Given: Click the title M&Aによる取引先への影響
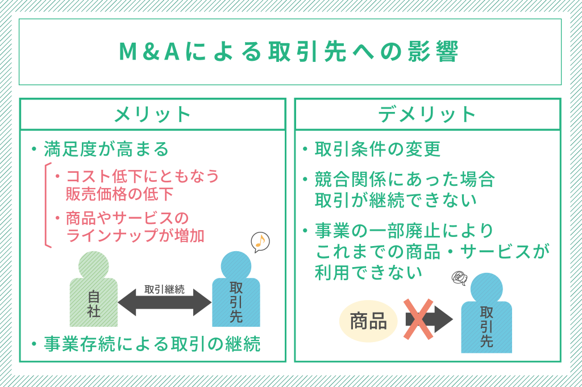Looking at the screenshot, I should [289, 52].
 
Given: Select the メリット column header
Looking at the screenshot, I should [152, 115].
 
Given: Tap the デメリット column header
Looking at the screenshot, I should [427, 115].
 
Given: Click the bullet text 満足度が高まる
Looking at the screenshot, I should [106, 149].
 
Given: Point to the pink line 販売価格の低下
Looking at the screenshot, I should [119, 194].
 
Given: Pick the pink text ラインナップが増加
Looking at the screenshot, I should [135, 235].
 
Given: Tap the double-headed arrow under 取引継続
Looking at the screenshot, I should [164, 302].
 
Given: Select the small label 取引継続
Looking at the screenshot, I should [164, 289].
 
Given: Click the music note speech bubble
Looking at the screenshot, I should [260, 242].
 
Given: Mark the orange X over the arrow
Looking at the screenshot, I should [418, 319].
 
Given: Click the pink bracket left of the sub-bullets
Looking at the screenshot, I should [48, 205].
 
